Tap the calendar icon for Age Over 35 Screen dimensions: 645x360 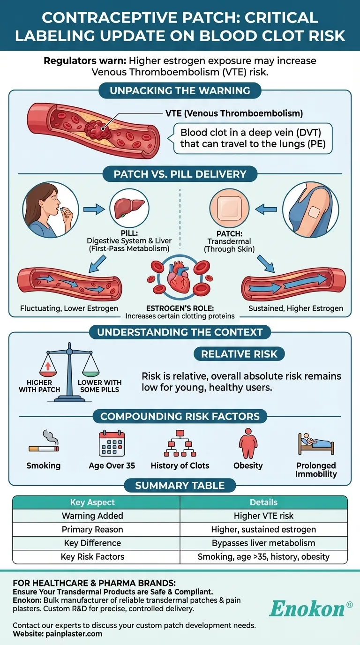[112, 443]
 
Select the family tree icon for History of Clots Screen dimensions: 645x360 [180, 443]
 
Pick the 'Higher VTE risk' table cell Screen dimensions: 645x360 [263, 516]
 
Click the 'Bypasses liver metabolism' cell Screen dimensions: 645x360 [263, 543]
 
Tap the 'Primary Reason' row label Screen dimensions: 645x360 [92, 530]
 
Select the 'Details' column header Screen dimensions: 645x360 [263, 502]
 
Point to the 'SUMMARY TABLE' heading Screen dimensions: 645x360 [180, 486]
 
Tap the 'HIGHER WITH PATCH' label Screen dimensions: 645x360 [39, 386]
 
